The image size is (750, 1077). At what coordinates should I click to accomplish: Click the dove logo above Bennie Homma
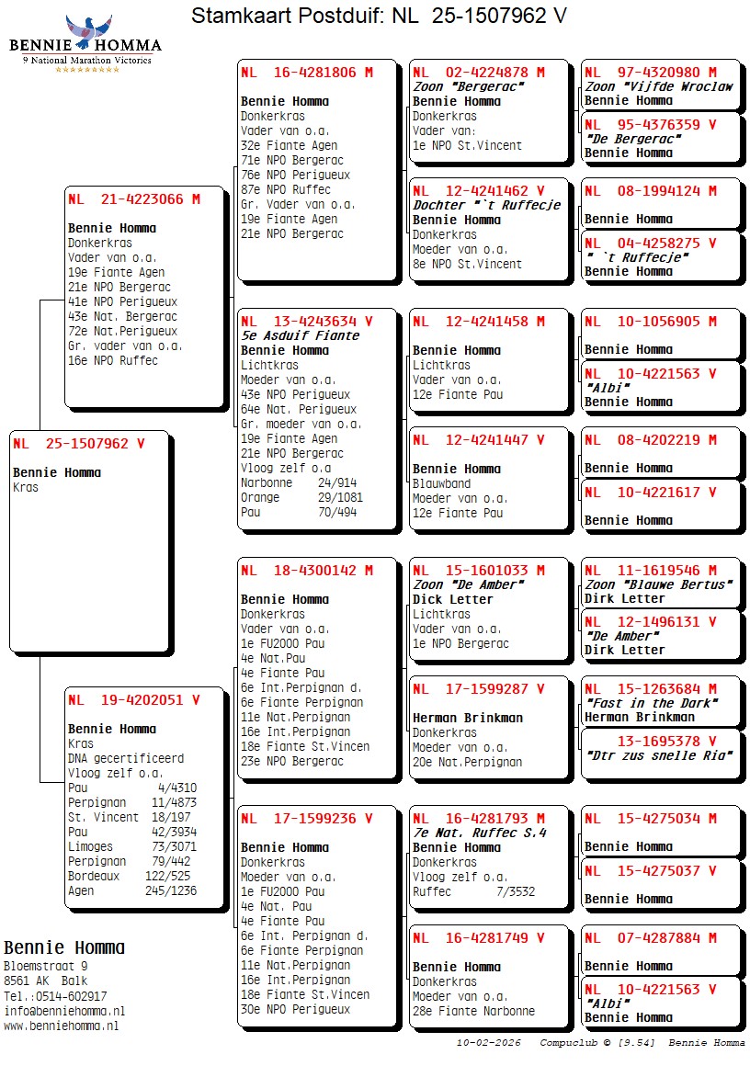(88, 29)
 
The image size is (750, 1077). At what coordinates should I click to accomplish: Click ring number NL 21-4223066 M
(133, 198)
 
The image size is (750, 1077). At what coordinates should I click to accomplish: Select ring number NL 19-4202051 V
(133, 700)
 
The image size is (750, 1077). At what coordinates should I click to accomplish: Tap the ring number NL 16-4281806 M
(306, 73)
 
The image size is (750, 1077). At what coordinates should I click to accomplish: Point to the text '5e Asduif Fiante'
(300, 335)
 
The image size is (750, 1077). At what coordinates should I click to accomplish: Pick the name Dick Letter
(452, 599)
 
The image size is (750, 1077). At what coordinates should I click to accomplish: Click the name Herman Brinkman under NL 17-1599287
(467, 718)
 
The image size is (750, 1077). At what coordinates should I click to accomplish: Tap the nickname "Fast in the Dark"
(651, 703)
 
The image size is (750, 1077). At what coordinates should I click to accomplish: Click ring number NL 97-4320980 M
(650, 73)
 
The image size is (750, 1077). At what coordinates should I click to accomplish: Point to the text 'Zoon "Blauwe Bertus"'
(658, 584)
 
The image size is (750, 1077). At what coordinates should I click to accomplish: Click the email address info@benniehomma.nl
(64, 1011)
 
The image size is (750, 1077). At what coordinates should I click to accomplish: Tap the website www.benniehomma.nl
(61, 1026)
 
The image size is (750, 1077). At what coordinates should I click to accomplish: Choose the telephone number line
(55, 996)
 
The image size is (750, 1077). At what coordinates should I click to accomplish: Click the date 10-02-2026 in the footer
(488, 1043)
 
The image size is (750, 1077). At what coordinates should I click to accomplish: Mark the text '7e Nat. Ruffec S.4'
(480, 833)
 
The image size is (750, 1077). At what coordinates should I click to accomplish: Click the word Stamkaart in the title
(238, 16)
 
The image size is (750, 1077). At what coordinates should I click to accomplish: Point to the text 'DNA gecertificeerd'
(126, 758)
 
